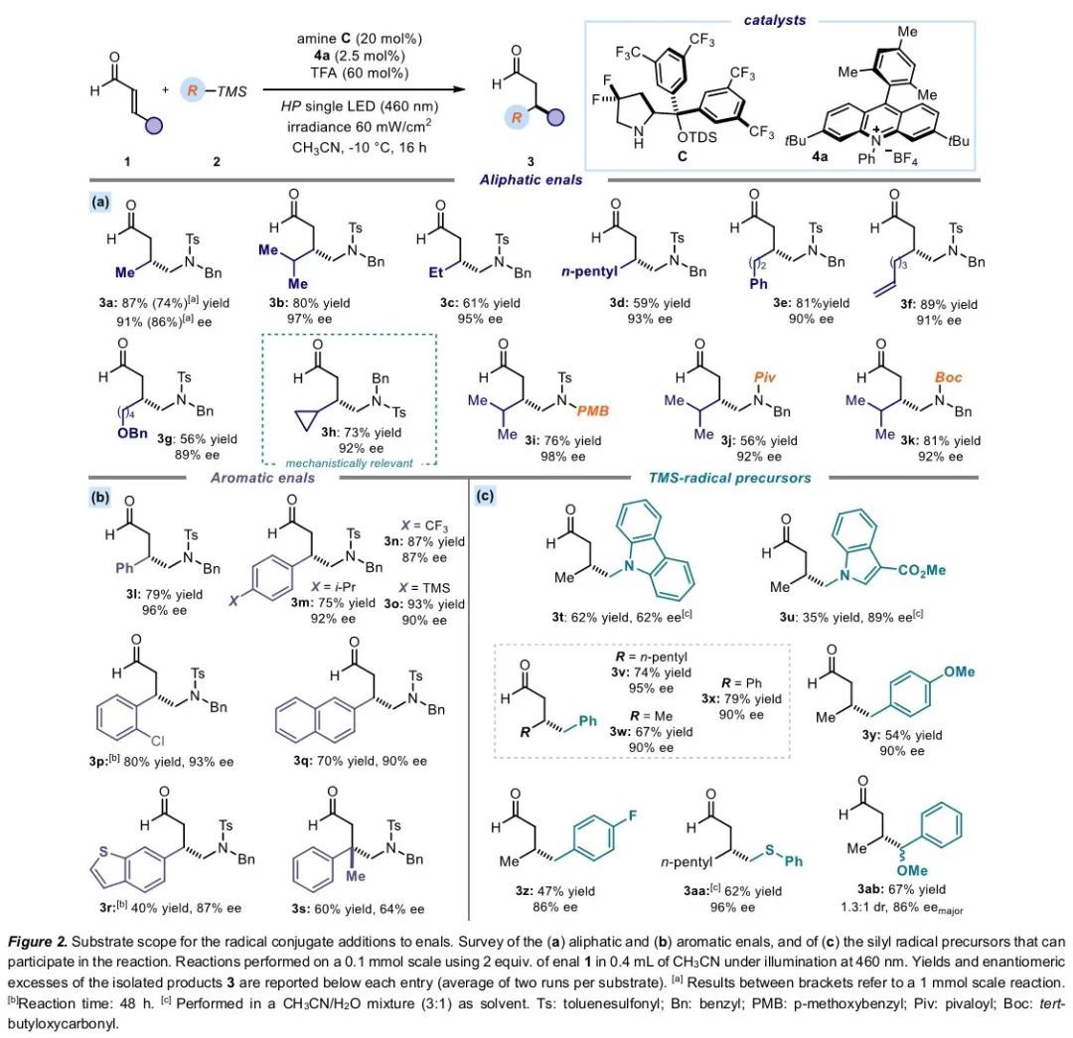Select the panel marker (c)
[x=486, y=495]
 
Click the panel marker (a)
[x=100, y=200]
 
